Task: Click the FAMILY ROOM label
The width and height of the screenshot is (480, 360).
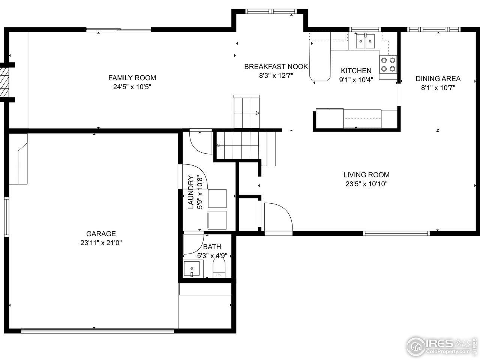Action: tap(132, 78)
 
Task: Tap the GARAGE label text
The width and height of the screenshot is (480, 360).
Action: tap(101, 234)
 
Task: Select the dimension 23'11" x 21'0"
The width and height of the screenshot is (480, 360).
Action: tap(101, 243)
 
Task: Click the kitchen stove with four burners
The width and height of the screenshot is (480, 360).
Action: tap(388, 64)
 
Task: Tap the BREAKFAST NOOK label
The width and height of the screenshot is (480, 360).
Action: tap(276, 67)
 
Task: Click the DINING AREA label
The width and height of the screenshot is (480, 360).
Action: tap(438, 79)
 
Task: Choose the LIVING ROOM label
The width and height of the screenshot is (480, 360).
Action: tap(366, 175)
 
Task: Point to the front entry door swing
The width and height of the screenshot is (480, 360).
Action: tap(278, 219)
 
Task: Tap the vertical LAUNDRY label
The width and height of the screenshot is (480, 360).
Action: tap(190, 192)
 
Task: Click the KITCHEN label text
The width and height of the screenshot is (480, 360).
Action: tap(356, 71)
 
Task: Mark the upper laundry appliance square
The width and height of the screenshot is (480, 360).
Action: tap(217, 198)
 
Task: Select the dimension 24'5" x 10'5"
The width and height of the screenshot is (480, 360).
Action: tap(132, 87)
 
